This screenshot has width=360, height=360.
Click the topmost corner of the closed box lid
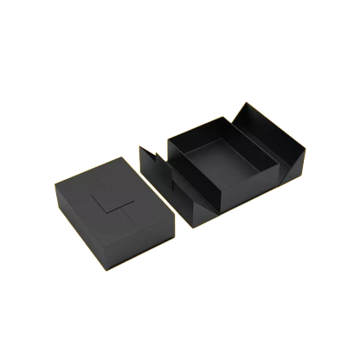pos(122,157)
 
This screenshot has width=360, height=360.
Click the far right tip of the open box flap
pos(305,148)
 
